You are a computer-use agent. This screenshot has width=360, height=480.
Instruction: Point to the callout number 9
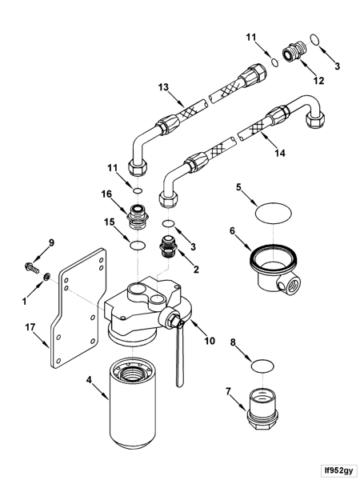pyautogui.click(x=53, y=242)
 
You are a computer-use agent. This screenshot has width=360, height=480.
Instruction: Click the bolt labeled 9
pyautogui.click(x=32, y=264)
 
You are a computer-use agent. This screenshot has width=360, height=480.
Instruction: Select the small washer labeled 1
pyautogui.click(x=46, y=278)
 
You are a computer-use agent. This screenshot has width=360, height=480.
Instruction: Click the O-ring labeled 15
pyautogui.click(x=138, y=245)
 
